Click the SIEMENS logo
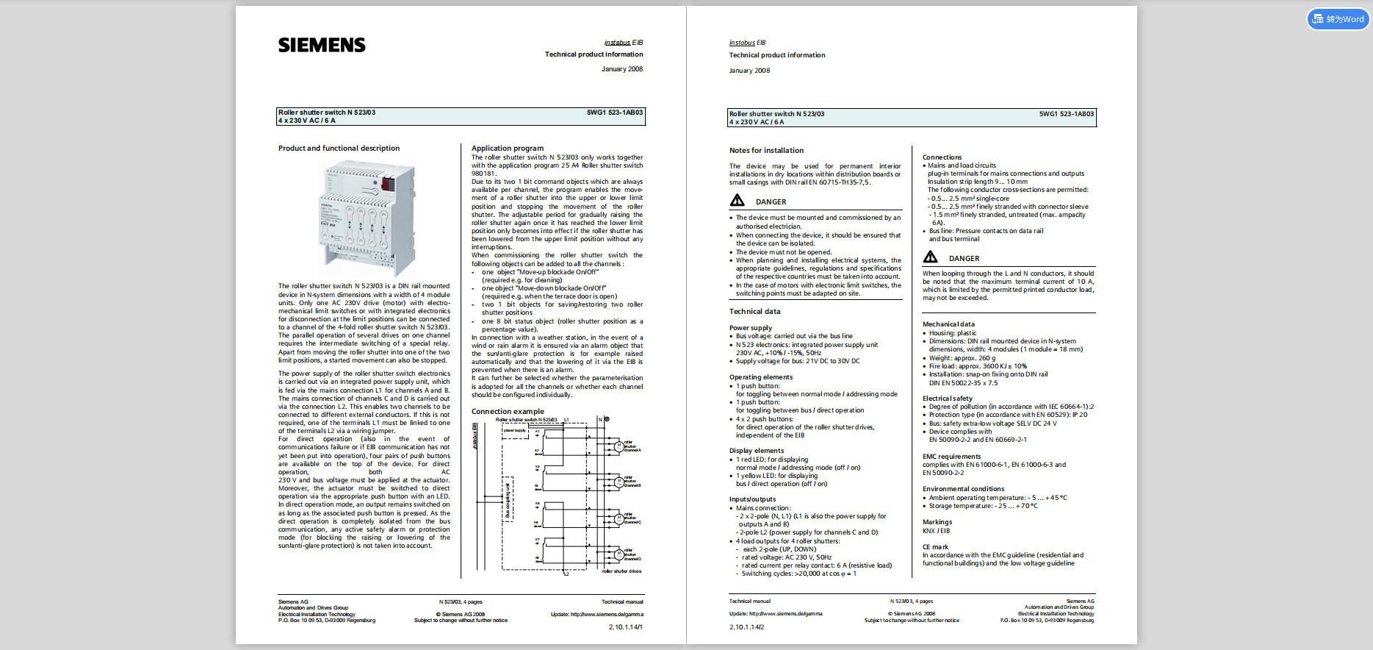[x=322, y=46]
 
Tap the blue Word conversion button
[x=1338, y=19]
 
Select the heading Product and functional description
[x=339, y=149]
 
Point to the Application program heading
[x=508, y=149]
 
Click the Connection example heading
[x=508, y=412]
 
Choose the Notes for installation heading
[x=766, y=151]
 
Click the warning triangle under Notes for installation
[x=738, y=201]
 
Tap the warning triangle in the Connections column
[x=930, y=257]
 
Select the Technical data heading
[x=754, y=312]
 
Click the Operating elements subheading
[x=761, y=377]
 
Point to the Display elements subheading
[x=757, y=451]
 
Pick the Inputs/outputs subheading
[x=752, y=499]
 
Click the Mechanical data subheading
[x=948, y=324]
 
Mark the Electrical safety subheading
[x=948, y=399]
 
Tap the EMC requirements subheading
[x=951, y=457]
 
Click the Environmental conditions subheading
[x=963, y=489]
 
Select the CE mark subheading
[x=935, y=547]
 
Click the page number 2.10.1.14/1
[x=625, y=627]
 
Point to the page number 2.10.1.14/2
[x=746, y=627]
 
